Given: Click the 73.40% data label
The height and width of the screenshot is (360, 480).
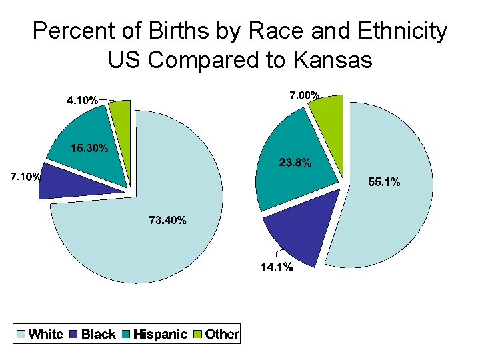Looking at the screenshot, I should click(x=167, y=221).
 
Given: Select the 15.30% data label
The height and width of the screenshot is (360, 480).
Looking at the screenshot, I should click(x=89, y=149).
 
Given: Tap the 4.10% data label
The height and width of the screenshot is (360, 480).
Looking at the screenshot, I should click(x=83, y=101).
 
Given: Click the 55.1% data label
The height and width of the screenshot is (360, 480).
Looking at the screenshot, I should click(x=385, y=183).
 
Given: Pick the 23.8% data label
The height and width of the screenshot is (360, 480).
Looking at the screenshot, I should click(x=294, y=162).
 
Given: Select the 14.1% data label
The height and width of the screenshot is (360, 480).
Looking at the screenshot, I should click(x=276, y=267).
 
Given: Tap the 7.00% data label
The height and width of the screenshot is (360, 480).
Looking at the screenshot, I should click(x=304, y=96).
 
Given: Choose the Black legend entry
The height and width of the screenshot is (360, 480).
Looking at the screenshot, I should click(x=98, y=334).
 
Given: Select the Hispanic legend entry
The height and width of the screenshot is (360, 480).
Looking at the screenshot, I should click(x=161, y=334).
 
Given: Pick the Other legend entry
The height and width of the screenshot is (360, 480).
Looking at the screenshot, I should click(x=221, y=334).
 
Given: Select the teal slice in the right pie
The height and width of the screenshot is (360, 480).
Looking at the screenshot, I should click(x=293, y=180).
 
